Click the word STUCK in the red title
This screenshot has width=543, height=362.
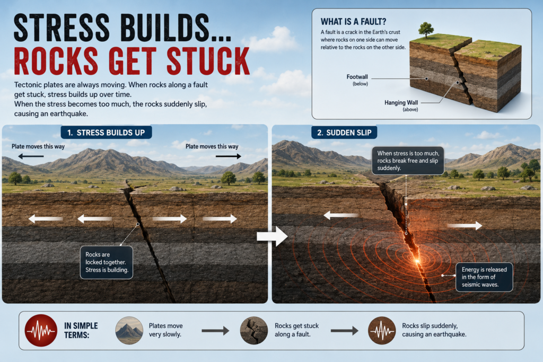208,61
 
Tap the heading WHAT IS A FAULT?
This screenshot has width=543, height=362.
353,22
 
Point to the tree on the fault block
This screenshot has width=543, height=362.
426,29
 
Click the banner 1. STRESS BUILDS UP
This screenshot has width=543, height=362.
106,133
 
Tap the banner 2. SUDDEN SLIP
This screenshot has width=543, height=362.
344,133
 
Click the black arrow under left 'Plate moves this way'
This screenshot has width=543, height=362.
31,156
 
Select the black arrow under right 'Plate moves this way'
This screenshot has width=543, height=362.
228,156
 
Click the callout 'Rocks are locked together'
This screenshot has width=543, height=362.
107,262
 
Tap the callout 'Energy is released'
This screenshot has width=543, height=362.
484,277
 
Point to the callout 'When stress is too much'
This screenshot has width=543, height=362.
408,161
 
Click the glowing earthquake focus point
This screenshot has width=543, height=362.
417,261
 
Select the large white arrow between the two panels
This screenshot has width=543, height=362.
272,236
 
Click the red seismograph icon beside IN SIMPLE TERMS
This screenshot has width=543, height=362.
41,331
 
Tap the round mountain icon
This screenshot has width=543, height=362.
129,331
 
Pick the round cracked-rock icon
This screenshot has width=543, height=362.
254,331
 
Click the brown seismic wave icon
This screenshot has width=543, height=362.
382,331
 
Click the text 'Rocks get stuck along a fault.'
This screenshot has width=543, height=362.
296,330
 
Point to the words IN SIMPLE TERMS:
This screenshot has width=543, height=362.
81,331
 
